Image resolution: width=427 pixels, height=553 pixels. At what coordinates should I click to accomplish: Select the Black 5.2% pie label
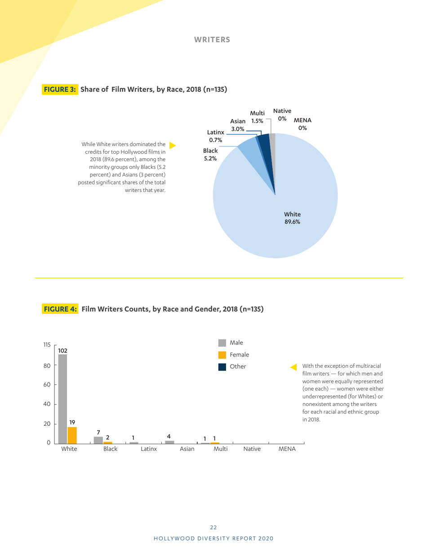pos(210,155)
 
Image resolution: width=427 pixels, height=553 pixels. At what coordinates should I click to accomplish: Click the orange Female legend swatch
pos(222,355)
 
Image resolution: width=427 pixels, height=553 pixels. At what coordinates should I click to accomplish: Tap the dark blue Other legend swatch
pos(222,366)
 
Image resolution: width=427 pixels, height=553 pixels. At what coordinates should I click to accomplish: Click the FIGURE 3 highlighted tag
pos(61,89)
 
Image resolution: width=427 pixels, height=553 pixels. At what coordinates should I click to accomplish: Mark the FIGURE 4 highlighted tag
pos(61,309)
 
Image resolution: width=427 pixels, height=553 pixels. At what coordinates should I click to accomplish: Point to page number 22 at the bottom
pos(213,527)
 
